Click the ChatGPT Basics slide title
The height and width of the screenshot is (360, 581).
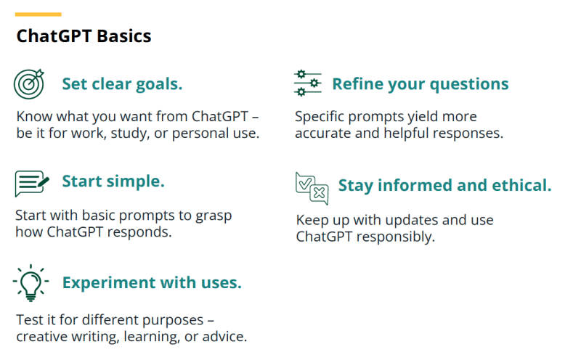(84, 36)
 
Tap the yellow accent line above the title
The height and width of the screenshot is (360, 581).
(38, 14)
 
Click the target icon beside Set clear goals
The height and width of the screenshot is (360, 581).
(30, 84)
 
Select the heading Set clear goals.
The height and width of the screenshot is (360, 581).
(122, 84)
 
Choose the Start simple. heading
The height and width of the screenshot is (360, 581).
(113, 181)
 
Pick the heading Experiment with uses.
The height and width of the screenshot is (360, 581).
(152, 282)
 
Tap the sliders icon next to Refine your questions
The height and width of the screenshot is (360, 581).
(308, 84)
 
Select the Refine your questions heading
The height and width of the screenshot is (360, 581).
(420, 84)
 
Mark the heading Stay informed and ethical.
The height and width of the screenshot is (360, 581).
(445, 186)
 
